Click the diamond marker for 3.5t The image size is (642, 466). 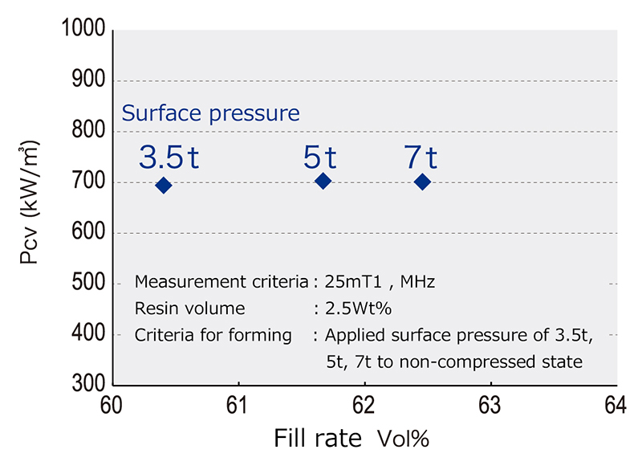click(x=164, y=186)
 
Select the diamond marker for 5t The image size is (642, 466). click(x=323, y=182)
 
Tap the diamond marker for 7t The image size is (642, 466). click(x=423, y=182)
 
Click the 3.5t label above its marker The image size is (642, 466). click(x=169, y=157)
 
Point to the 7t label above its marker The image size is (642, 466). click(x=421, y=157)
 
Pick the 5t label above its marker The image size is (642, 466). click(x=319, y=157)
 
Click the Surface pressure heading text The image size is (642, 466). click(x=210, y=113)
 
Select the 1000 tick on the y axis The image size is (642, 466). click(x=83, y=31)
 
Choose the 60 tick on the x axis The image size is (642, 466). click(x=112, y=406)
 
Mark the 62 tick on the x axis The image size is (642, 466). click(x=364, y=406)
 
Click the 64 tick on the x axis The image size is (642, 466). click(x=616, y=406)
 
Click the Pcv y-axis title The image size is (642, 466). click(x=31, y=209)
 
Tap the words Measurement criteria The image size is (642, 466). click(x=221, y=282)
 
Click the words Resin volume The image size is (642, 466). click(x=190, y=309)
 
